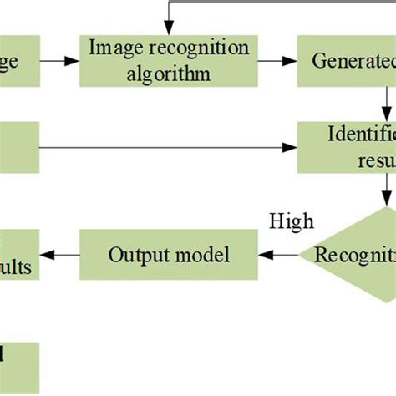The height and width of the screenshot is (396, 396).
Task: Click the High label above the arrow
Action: pyautogui.click(x=292, y=221)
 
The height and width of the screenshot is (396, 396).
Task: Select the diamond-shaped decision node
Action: pyautogui.click(x=359, y=255)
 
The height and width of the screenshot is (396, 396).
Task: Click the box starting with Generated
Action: pyautogui.click(x=347, y=61)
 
